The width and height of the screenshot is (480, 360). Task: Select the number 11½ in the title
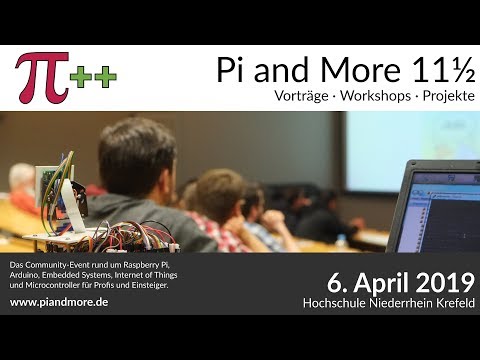(x=434, y=69)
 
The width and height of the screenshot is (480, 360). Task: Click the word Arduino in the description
(x=27, y=275)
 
